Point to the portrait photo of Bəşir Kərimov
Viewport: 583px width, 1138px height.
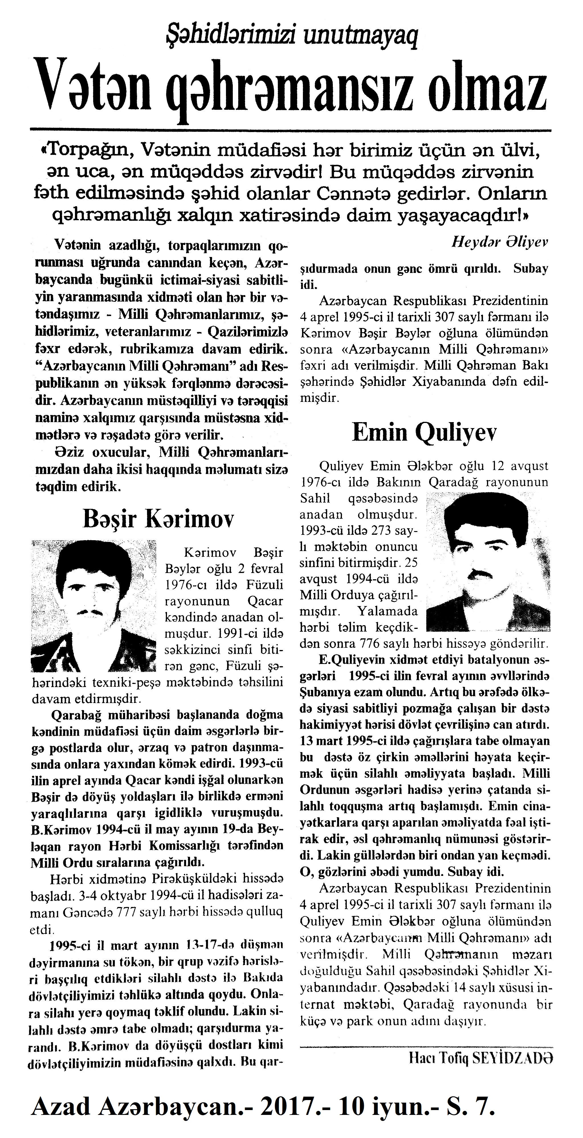(x=93, y=606)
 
